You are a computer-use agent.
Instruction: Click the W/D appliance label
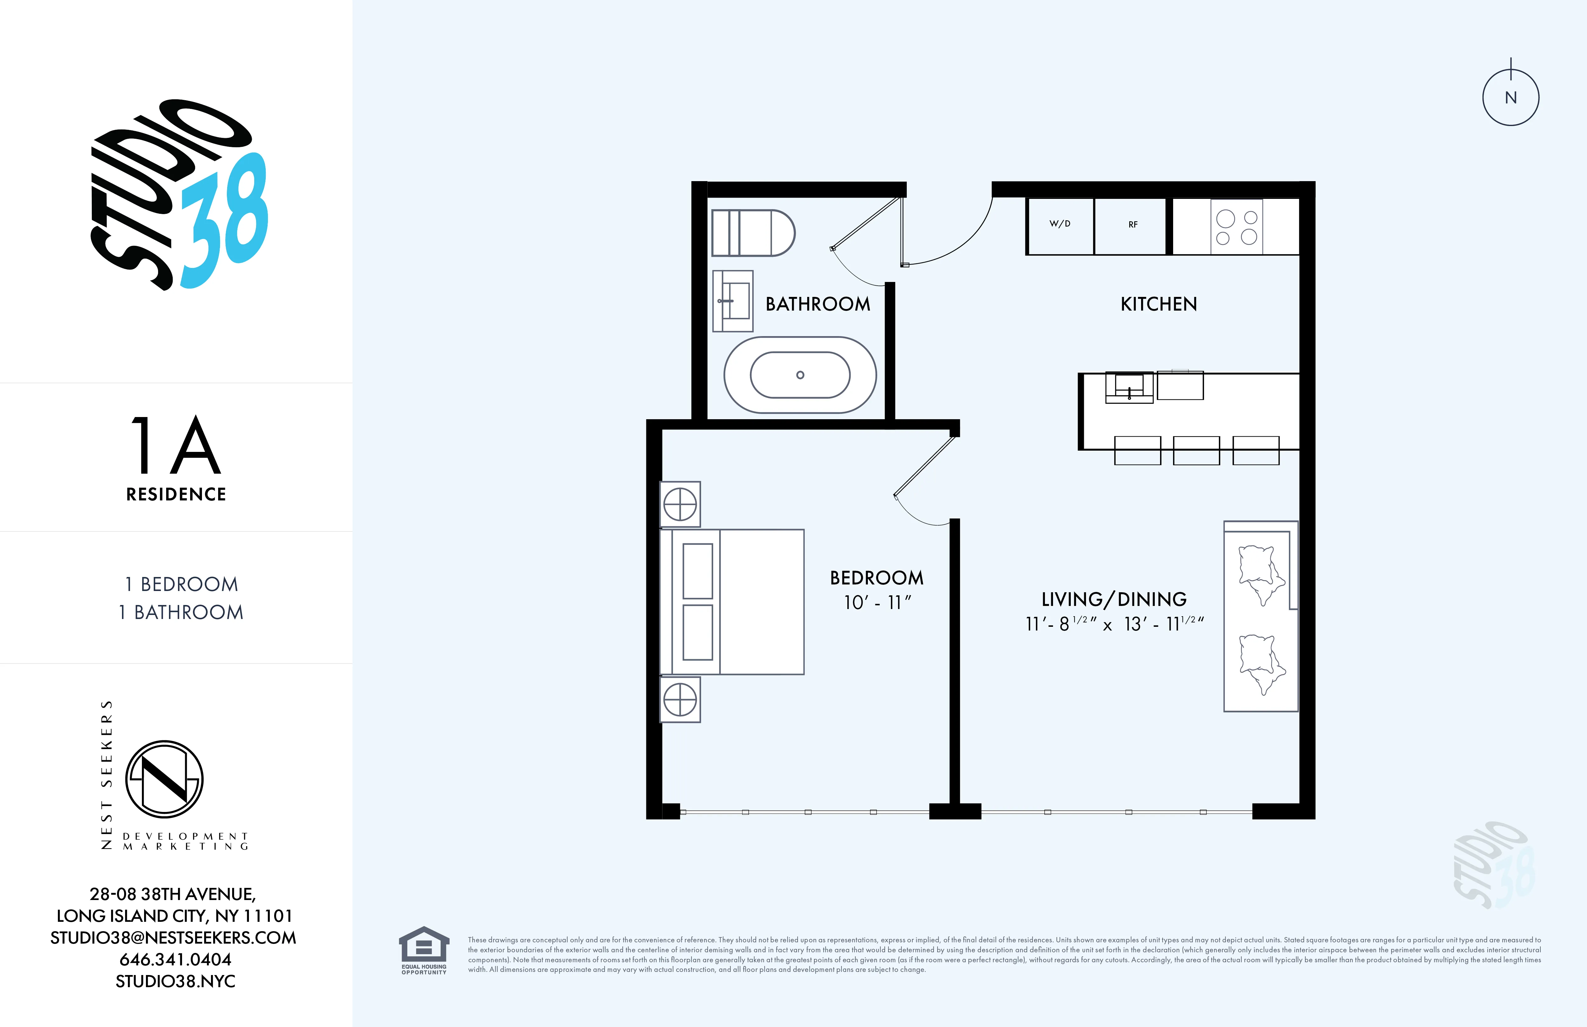(x=1060, y=223)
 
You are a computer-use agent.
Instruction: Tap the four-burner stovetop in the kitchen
(x=1236, y=227)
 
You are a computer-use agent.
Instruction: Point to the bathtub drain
(x=800, y=375)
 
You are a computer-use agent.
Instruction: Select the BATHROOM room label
(x=817, y=304)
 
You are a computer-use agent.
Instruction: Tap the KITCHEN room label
(x=1158, y=304)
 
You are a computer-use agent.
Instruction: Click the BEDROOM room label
(x=876, y=578)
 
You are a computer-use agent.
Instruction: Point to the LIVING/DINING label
(x=1114, y=599)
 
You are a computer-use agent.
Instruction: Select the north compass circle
(x=1510, y=98)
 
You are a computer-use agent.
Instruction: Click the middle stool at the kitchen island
(x=1196, y=451)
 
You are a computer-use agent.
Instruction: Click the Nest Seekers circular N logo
(x=164, y=779)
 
